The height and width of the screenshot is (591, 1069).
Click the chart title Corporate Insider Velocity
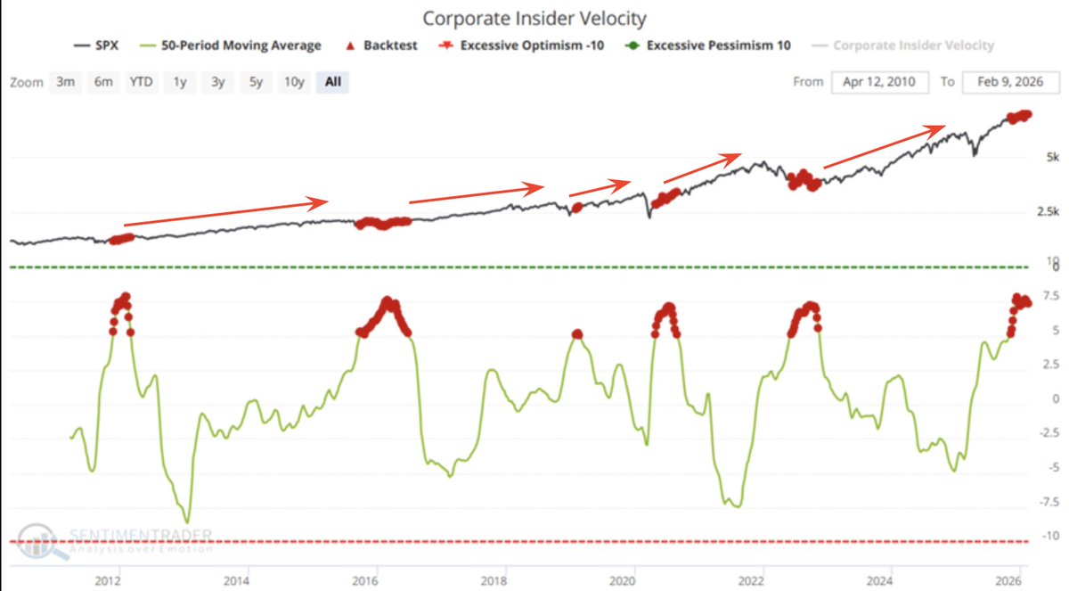534,18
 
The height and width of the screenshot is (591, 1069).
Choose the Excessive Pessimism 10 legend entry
709,45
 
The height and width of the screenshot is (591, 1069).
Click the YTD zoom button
141,82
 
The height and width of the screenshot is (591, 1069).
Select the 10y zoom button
294,82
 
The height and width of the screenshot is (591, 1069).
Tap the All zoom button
333,82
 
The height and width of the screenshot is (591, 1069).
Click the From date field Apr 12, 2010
880,82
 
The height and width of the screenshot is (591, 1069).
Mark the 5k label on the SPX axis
1051,158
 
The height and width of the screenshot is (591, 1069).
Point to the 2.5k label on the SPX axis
1048,212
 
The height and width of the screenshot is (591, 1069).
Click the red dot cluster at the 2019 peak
577,334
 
